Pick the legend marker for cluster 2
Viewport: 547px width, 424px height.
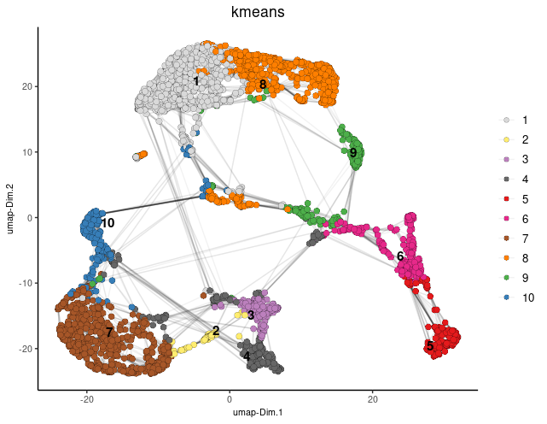coord(506,139)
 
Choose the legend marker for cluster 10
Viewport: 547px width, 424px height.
coord(506,297)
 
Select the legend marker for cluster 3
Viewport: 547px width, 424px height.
coord(506,159)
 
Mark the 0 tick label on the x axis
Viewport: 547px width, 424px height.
coord(230,398)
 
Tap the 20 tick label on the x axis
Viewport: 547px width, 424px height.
coord(373,398)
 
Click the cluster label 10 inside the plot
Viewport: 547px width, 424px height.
coord(107,223)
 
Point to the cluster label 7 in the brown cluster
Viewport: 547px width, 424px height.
coord(109,332)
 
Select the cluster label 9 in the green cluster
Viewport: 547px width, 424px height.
coord(353,153)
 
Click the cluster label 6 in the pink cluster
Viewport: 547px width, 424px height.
coord(400,256)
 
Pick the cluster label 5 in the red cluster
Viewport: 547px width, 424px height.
coord(429,345)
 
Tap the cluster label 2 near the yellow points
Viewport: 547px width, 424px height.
coord(216,331)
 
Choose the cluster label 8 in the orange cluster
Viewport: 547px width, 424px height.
coord(263,84)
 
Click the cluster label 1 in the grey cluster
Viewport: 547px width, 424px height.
coord(196,81)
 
